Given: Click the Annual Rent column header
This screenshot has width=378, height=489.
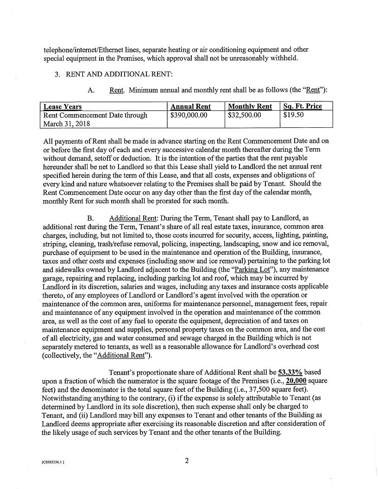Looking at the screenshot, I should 190,107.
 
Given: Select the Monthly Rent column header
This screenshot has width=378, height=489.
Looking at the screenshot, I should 250,107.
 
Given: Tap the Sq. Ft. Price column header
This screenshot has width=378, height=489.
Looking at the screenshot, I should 302,107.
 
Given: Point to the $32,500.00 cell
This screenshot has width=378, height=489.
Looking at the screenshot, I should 245,115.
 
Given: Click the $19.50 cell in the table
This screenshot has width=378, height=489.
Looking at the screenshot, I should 293,115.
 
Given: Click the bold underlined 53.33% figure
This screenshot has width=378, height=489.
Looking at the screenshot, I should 290,372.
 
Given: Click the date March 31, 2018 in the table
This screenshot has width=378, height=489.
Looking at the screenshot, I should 67,124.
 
